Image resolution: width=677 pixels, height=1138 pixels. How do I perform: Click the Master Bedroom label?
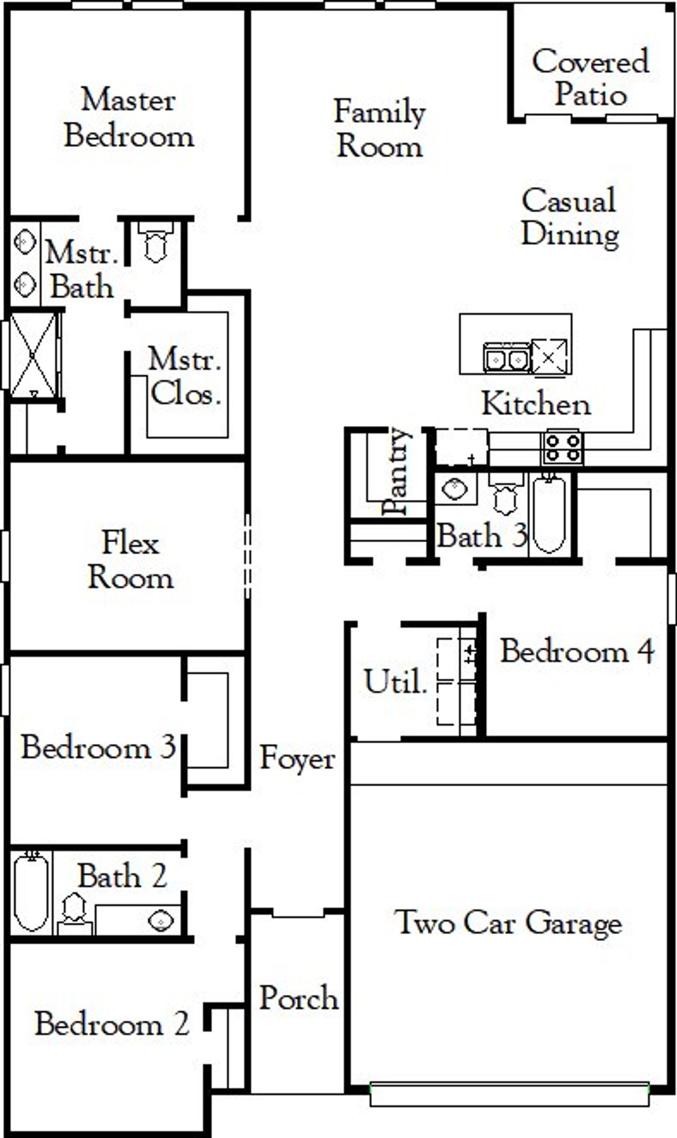(129, 119)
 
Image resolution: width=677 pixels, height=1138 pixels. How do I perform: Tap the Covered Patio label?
(590, 78)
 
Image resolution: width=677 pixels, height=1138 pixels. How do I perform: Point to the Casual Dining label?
(570, 217)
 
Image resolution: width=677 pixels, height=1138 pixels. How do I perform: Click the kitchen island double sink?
(506, 359)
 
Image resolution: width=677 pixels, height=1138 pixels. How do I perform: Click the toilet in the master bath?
(155, 243)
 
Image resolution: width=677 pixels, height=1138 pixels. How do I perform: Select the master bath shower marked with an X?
(33, 354)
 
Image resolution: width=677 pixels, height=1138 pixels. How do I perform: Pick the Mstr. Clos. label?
(184, 377)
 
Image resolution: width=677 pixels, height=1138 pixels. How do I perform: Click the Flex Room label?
(130, 559)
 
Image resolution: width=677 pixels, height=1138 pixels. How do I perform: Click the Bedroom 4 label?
(577, 651)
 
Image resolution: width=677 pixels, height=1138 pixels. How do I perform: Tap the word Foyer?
(297, 759)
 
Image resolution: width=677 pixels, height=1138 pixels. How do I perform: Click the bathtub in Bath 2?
(31, 894)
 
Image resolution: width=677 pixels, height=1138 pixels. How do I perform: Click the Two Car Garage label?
(508, 923)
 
